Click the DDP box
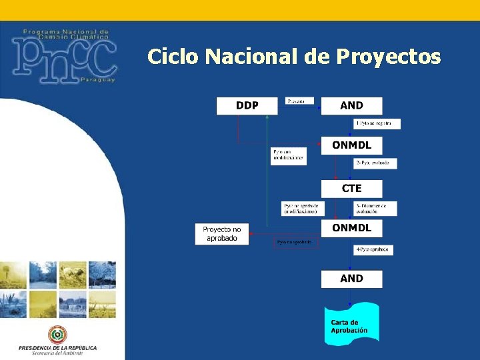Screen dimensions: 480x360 [247, 105]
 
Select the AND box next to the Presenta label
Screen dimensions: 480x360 [351, 105]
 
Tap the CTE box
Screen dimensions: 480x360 [351, 189]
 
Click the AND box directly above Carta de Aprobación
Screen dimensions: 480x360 [351, 279]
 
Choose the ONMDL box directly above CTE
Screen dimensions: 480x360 [351, 145]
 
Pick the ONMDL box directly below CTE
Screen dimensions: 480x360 [351, 228]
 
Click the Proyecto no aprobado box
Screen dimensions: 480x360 [221, 234]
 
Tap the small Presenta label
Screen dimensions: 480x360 [299, 101]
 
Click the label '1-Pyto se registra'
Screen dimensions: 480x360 [377, 123]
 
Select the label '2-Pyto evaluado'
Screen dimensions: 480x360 [375, 163]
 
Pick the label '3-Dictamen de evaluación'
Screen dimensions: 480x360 [375, 208]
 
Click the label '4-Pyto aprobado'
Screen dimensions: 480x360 [373, 249]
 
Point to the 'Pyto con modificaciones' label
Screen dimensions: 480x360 [289, 156]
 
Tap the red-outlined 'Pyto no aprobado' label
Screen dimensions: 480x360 [297, 243]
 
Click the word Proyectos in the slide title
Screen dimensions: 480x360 [389, 57]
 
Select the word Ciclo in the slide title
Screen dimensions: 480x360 [173, 57]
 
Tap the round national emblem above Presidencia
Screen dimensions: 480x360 [57, 335]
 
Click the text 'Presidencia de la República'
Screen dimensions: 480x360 [57, 347]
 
